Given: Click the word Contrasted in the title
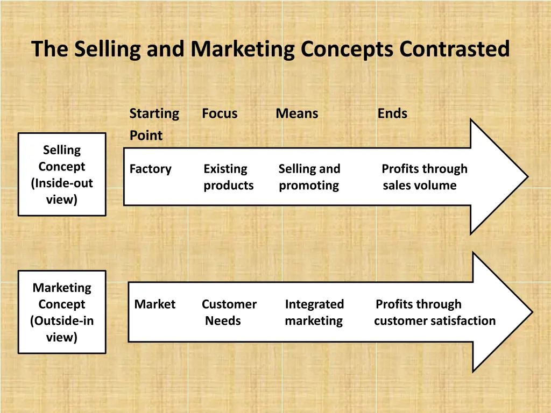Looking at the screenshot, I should tap(454, 49).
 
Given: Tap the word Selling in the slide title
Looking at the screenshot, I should tap(108, 49).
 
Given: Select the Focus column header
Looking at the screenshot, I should tap(220, 113).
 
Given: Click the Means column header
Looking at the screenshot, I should tap(297, 113).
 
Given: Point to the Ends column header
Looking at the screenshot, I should tap(392, 113).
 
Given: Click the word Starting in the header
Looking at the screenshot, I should tap(154, 113).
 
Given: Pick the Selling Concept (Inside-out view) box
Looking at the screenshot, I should tap(62, 174).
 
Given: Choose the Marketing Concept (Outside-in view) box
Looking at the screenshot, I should tap(62, 312).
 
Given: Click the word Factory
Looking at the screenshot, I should tap(151, 169).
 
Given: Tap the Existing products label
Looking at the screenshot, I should tap(228, 177).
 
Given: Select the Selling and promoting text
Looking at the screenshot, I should tap(309, 177).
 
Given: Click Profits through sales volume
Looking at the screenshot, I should tap(424, 177).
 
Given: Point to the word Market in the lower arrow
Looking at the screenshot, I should tap(155, 304).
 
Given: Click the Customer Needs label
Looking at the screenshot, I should tap(229, 312).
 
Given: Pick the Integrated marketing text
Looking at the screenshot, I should tap(314, 312).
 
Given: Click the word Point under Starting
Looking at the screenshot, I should tap(146, 136).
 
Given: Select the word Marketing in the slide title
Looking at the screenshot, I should tap(243, 49).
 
